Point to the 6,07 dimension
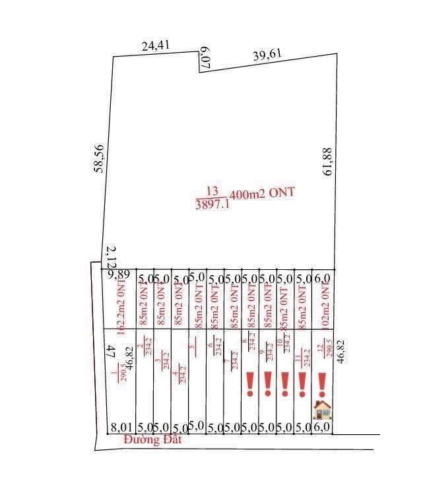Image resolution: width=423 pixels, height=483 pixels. click(205, 58)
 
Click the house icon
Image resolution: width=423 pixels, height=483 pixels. click(322, 410)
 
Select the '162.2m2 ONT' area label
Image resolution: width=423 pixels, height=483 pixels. click(120, 304)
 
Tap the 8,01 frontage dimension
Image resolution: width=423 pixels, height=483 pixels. click(119, 428)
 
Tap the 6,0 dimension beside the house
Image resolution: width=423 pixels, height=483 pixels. click(323, 428)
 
